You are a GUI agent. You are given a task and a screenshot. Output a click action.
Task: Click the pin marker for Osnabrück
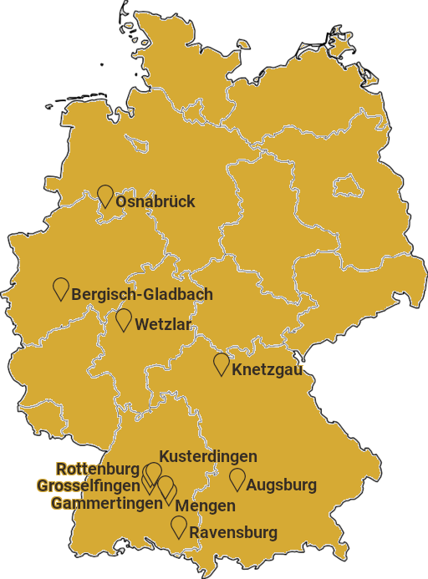click(105, 196)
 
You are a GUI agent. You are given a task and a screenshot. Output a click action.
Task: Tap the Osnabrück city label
click(155, 201)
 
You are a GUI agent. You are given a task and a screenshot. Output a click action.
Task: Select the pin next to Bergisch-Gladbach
click(61, 288)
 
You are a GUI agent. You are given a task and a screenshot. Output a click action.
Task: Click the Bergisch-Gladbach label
click(142, 294)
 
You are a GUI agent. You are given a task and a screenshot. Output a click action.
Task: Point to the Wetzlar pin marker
click(124, 319)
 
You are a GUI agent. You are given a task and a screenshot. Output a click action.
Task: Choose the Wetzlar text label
click(163, 324)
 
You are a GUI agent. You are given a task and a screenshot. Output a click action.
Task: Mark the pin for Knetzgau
click(222, 363)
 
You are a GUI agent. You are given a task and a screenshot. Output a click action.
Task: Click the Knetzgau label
click(267, 369)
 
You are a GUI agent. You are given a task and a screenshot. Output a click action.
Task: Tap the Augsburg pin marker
click(237, 479)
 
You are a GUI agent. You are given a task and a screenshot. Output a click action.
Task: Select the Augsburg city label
click(282, 485)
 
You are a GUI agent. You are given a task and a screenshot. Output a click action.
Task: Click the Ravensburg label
click(233, 532)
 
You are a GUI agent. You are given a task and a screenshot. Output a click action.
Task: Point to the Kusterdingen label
click(208, 456)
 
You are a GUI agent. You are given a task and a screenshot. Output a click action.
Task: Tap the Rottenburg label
click(98, 469)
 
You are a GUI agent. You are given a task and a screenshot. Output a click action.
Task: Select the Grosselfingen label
click(88, 485)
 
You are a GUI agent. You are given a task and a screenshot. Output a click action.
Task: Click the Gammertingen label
click(106, 503)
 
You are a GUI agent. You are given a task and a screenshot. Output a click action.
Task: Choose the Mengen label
click(206, 505)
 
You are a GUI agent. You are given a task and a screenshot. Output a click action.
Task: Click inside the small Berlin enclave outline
click(347, 184)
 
